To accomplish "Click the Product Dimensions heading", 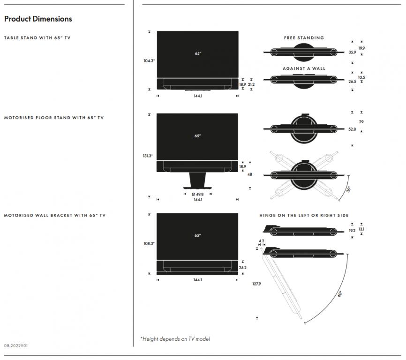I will click(x=38, y=19).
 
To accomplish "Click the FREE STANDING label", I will click(x=304, y=38).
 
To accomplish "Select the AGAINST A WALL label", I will click(x=304, y=68).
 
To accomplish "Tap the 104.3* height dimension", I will click(x=149, y=60).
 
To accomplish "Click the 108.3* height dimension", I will click(x=149, y=244).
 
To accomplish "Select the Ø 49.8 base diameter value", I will click(x=197, y=194).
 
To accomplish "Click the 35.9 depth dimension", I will click(x=352, y=52).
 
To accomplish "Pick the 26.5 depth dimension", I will click(x=352, y=81).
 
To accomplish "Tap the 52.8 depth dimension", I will click(x=352, y=129).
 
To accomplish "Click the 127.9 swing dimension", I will click(x=256, y=283).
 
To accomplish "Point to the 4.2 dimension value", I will click(x=261, y=241).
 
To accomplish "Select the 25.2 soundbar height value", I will click(x=242, y=268).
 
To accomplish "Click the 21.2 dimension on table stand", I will click(x=251, y=84).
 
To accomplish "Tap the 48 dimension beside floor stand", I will click(x=250, y=174).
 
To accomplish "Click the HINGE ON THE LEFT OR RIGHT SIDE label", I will click(x=304, y=216).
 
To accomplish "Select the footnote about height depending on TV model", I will click(x=175, y=339).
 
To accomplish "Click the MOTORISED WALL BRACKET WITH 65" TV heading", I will click(x=55, y=216).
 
